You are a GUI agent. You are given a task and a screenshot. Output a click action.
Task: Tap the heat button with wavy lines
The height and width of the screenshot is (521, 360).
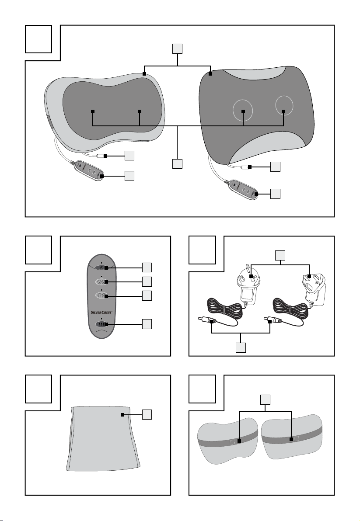(101, 324)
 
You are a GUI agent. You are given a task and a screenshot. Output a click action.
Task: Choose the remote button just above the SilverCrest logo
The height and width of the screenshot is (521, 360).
(101, 296)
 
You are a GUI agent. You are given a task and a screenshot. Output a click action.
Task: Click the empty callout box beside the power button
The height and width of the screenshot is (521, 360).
(148, 267)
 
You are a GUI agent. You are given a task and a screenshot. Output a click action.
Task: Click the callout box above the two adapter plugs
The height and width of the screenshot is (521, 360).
(280, 255)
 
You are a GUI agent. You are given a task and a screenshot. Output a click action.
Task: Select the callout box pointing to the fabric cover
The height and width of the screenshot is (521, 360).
(148, 414)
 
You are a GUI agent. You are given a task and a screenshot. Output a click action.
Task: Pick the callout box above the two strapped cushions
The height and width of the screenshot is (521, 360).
(265, 399)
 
